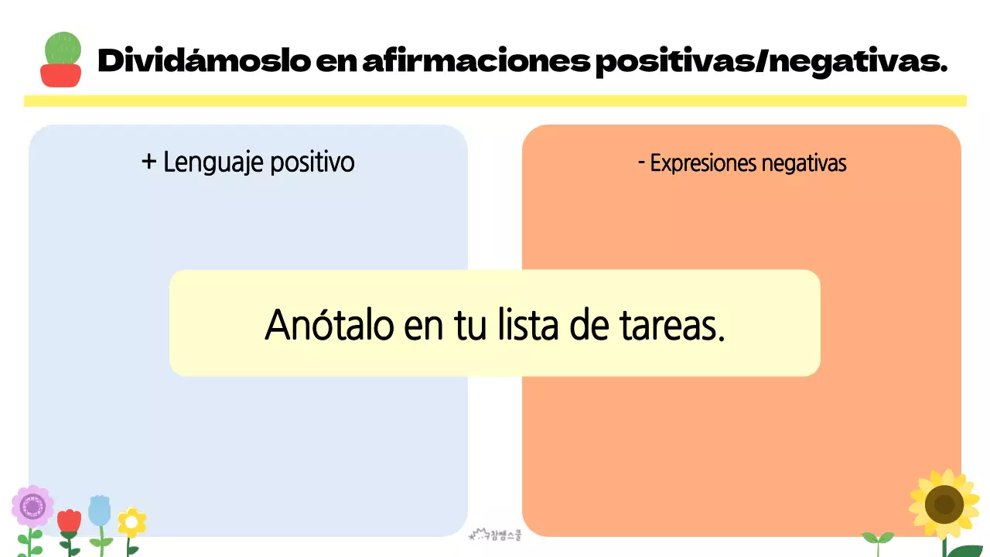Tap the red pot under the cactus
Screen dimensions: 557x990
pyautogui.click(x=61, y=75)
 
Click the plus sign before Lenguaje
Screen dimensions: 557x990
pyautogui.click(x=149, y=162)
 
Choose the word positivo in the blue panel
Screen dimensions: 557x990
pyautogui.click(x=312, y=162)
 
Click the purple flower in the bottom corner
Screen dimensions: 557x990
pyautogui.click(x=32, y=507)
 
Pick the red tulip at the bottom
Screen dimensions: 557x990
pyautogui.click(x=69, y=521)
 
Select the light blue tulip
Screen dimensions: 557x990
pyautogui.click(x=99, y=511)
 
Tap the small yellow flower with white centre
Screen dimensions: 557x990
pyautogui.click(x=131, y=523)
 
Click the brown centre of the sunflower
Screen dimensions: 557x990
pyautogui.click(x=944, y=504)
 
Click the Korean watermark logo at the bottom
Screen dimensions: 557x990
pyautogui.click(x=496, y=534)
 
